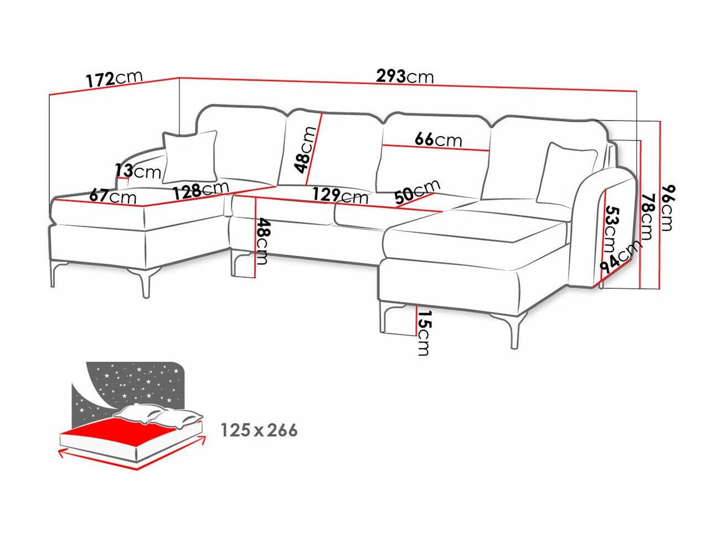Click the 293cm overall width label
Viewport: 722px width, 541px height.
405,76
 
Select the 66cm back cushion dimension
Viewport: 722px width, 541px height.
438,139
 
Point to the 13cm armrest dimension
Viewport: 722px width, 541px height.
137,171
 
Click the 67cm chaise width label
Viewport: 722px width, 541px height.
112,196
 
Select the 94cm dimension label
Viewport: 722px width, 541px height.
620,257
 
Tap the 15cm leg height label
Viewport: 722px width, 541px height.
424,333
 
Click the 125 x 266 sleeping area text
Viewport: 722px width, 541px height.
259,430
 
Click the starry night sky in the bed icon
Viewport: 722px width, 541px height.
132,384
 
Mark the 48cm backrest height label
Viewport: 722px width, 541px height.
306,150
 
